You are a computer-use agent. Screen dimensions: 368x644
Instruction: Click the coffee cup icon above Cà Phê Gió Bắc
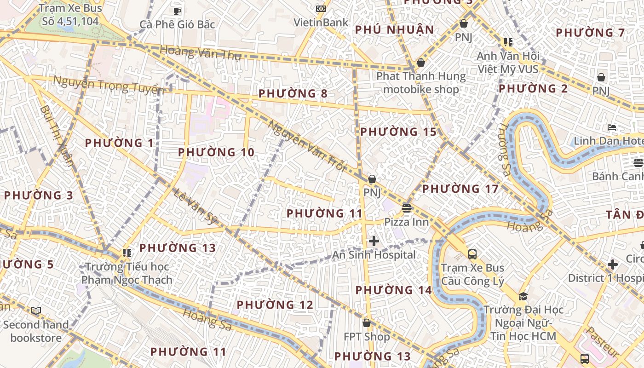point(177,11)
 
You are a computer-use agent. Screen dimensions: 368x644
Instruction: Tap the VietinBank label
point(321,22)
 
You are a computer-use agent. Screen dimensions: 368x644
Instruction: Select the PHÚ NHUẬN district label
point(395,30)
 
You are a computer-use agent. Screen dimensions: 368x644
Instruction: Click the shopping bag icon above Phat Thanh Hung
point(420,63)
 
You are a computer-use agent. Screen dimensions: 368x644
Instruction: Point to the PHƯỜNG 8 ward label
point(293,94)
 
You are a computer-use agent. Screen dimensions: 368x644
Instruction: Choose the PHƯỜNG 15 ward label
point(398,132)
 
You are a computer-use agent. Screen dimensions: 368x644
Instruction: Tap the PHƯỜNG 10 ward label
point(216,152)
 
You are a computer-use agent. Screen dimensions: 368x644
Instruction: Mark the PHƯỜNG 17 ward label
point(460,189)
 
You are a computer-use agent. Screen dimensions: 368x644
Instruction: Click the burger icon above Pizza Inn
point(406,208)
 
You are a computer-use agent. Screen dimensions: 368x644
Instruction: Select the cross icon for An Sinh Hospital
point(374,241)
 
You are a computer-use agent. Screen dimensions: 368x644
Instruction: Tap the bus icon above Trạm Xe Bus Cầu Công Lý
point(472,254)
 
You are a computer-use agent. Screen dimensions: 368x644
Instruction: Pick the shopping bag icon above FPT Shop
point(367,323)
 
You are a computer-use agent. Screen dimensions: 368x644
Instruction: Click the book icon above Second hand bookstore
point(36,311)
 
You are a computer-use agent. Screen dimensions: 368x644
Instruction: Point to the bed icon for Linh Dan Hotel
point(612,127)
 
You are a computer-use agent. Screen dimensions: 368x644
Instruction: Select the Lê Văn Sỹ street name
point(196,206)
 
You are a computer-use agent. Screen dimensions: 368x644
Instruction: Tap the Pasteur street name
point(603,342)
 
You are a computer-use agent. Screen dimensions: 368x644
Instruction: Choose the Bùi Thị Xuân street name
point(57,135)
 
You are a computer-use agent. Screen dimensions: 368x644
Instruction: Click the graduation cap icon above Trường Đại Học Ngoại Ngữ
point(523,296)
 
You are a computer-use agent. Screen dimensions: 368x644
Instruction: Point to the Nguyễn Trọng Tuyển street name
point(109,85)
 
